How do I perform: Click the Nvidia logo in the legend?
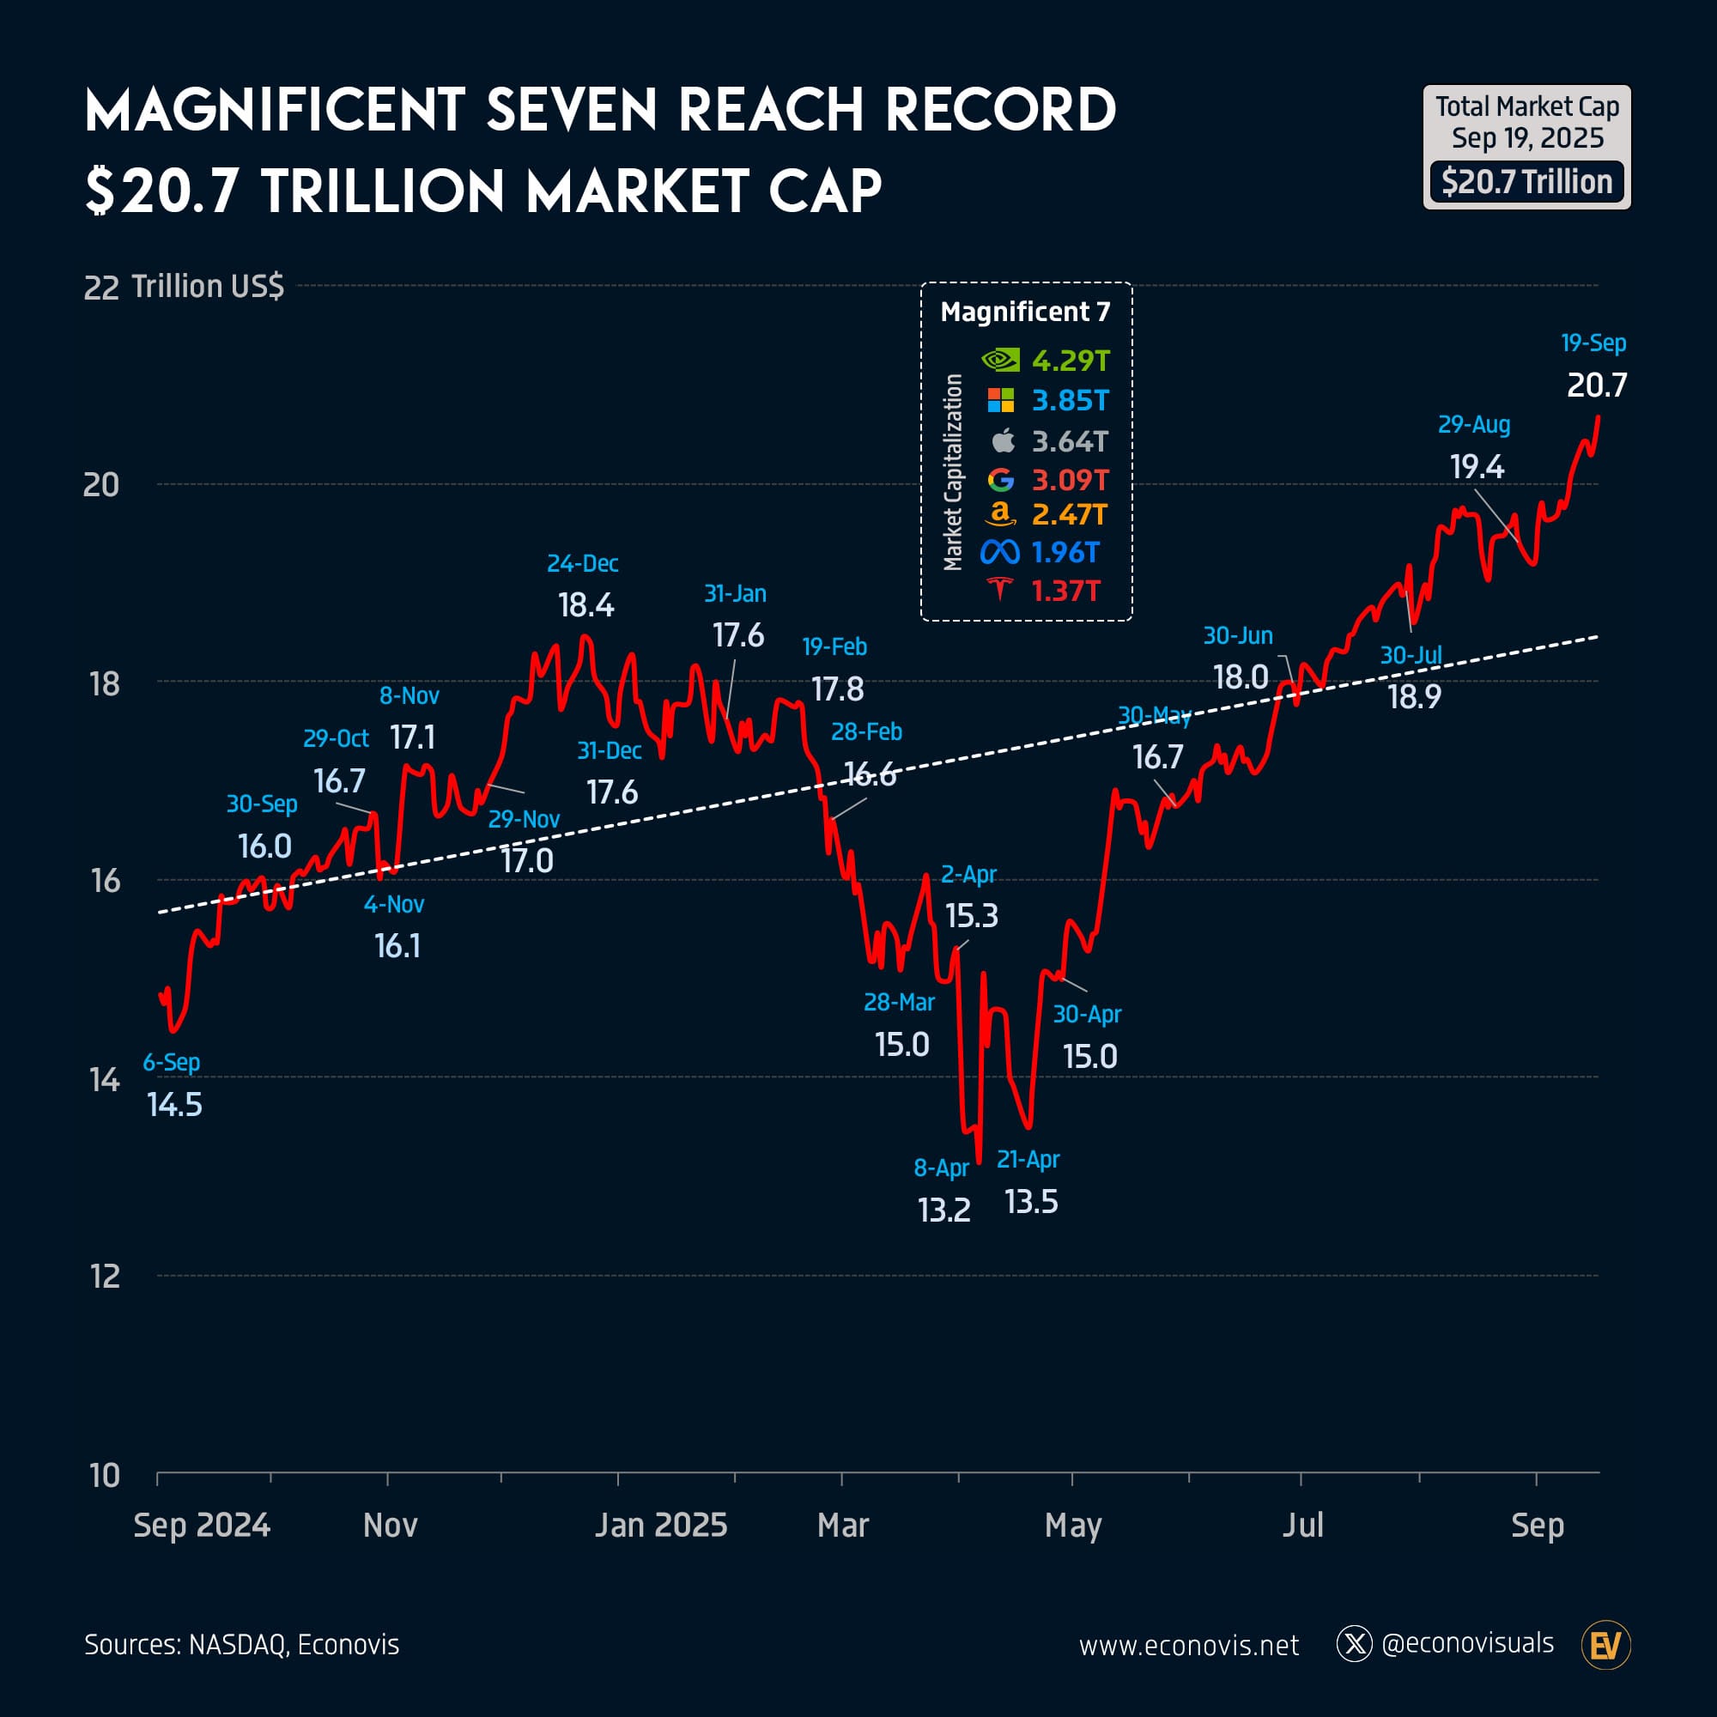[1000, 360]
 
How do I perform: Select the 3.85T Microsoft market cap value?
[1070, 401]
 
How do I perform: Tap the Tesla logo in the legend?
[1001, 589]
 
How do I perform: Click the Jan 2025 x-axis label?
[660, 1525]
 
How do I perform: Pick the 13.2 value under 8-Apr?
[943, 1210]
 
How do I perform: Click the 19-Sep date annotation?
[1593, 343]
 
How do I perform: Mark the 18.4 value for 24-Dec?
[585, 605]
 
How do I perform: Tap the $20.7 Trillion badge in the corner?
[1526, 182]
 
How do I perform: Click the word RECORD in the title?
[1000, 110]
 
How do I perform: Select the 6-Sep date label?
[172, 1062]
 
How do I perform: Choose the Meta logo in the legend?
[1000, 553]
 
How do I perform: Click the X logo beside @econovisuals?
[1355, 1644]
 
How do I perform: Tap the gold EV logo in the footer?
[1606, 1645]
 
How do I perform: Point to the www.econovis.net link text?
[1188, 1645]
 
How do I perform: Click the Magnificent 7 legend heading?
[1025, 312]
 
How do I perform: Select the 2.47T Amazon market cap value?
[1069, 514]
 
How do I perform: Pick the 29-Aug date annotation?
[1473, 425]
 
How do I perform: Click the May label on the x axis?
[1072, 1525]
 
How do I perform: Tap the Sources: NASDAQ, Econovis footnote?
[242, 1644]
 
